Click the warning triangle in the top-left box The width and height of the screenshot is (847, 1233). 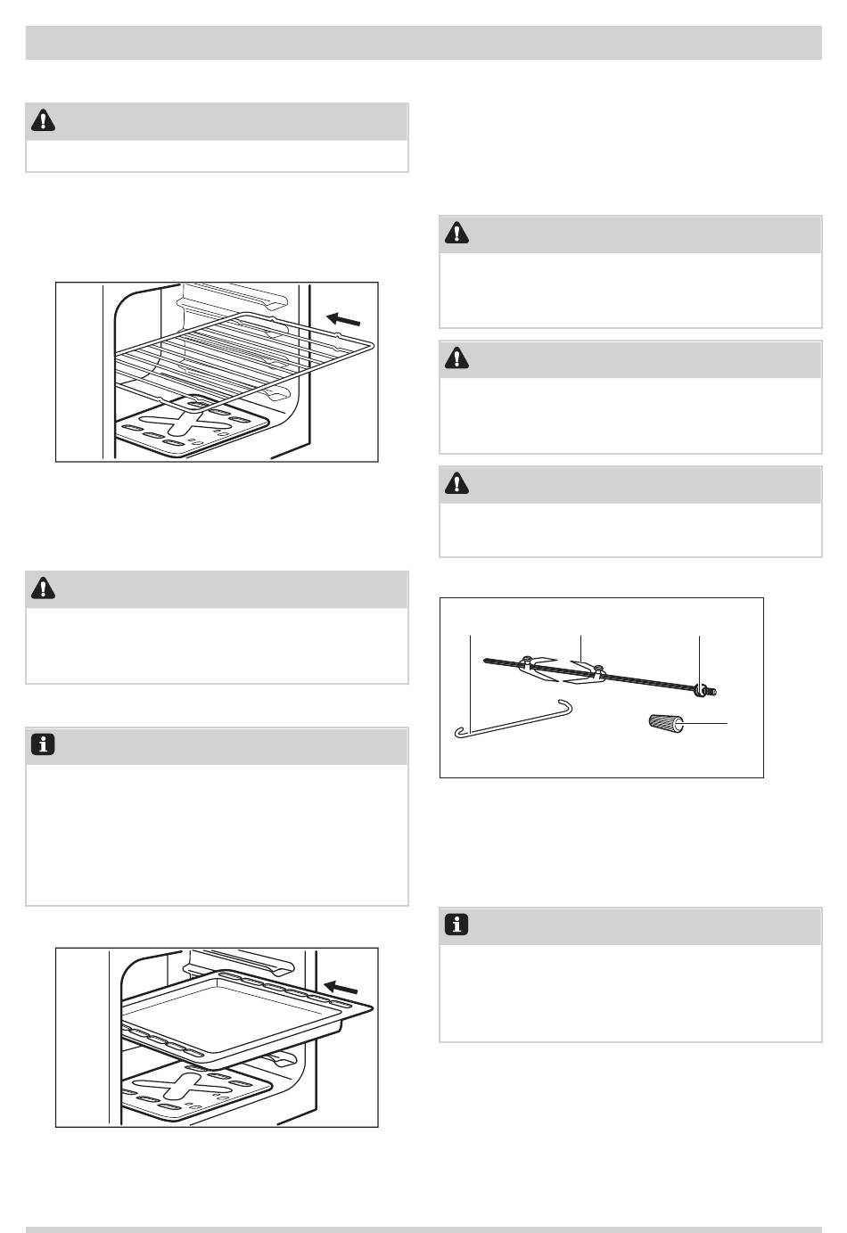pos(42,120)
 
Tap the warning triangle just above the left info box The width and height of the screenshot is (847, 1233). pos(42,589)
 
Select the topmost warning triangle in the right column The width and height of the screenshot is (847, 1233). pos(456,234)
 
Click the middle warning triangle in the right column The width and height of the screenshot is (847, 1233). pos(456,358)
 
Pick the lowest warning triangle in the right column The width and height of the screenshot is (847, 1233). pos(456,483)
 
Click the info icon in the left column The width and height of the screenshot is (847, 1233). pos(42,745)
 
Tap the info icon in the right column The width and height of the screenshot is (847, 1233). pos(456,925)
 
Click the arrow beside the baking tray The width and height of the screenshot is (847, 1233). pos(342,987)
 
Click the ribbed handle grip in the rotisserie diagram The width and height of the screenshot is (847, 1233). pos(665,723)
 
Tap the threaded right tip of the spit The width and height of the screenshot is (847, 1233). pos(711,690)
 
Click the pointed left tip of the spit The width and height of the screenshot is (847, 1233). pos(486,660)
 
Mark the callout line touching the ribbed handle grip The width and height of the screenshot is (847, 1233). pos(706,723)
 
